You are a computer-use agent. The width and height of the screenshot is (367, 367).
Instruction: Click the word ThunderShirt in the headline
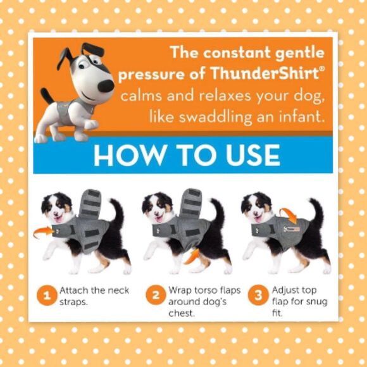tap(264, 73)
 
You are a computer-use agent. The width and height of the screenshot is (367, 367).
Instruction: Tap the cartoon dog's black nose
tap(106, 86)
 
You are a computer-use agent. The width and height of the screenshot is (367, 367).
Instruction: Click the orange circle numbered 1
tap(47, 295)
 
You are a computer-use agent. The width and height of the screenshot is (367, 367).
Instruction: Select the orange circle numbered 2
tap(156, 295)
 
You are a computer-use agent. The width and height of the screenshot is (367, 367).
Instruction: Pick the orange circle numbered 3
tap(258, 295)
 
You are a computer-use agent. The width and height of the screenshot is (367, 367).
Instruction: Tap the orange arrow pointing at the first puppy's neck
tap(43, 232)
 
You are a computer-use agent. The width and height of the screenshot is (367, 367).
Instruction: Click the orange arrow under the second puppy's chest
tap(192, 256)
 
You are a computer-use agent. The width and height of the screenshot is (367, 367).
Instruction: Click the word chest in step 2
tap(181, 313)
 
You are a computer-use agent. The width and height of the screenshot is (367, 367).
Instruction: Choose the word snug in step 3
tap(316, 302)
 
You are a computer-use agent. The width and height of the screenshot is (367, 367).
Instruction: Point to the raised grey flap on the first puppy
tap(90, 203)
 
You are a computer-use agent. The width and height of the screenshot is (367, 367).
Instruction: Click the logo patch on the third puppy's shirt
tap(292, 229)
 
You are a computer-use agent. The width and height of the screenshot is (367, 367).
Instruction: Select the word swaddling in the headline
tap(216, 116)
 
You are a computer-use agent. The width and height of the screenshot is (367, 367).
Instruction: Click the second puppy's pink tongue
tap(159, 220)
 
